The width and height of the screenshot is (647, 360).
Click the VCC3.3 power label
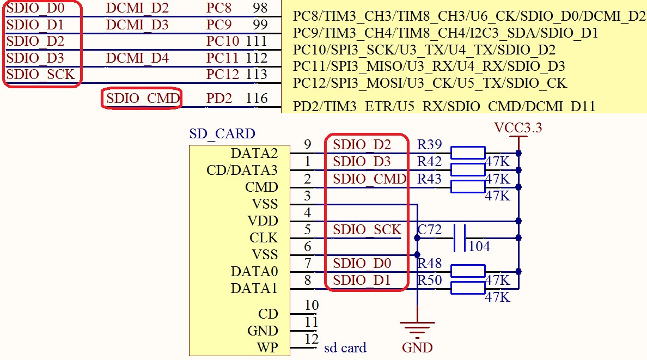(x=518, y=128)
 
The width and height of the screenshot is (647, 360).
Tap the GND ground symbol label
(x=417, y=347)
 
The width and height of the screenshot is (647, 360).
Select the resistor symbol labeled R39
(x=468, y=153)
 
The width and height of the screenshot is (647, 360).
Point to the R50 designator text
(x=430, y=280)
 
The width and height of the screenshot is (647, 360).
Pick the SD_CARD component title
(x=222, y=133)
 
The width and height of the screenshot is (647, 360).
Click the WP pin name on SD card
(x=267, y=347)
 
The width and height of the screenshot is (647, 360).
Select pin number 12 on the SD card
(x=311, y=339)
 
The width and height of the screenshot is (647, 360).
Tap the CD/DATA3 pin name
(x=242, y=170)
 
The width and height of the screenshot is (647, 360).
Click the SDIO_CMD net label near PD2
(x=142, y=99)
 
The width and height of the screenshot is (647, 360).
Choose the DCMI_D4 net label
(x=137, y=58)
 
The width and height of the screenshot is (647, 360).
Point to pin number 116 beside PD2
(x=257, y=99)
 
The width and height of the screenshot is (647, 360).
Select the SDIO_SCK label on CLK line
(x=367, y=230)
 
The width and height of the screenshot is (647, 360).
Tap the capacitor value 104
(x=479, y=247)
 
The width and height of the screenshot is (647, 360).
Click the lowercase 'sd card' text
(x=345, y=347)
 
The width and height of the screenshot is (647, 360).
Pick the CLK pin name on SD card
(x=264, y=238)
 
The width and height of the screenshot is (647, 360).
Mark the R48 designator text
(x=430, y=264)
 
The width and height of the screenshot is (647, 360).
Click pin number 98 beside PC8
(x=260, y=8)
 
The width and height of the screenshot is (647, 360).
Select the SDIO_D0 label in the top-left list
(x=35, y=8)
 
